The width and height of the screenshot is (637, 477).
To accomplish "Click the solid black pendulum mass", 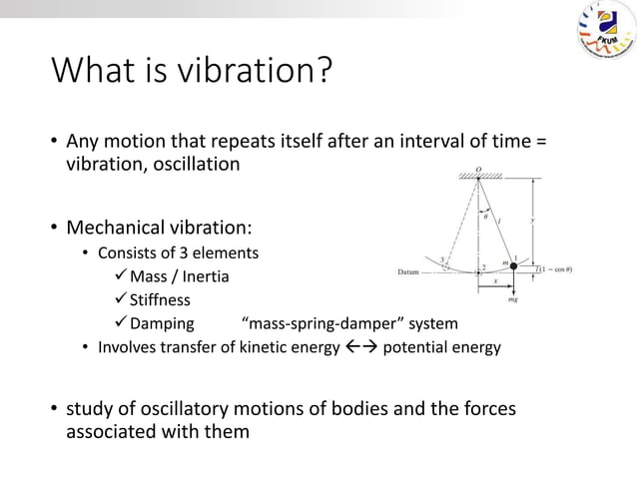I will tap(515, 266).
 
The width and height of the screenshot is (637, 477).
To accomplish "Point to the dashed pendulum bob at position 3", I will tap(445, 266).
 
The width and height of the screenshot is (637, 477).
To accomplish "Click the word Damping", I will tap(162, 324).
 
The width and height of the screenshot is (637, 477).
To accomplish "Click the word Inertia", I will tap(205, 276).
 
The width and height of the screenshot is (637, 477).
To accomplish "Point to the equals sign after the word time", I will tap(541, 141).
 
